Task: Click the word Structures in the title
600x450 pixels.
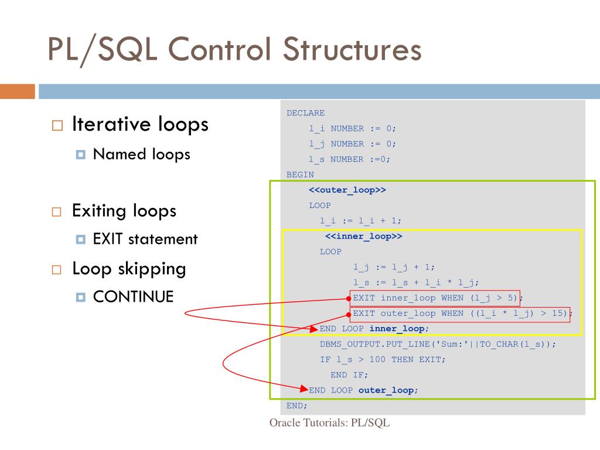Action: [x=352, y=49]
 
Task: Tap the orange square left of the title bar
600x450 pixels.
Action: [x=17, y=91]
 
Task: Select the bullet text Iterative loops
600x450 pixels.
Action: [x=140, y=124]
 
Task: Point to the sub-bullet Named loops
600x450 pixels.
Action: [x=141, y=154]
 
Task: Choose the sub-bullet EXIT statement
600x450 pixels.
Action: [x=145, y=239]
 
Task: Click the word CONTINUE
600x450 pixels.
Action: [x=133, y=296]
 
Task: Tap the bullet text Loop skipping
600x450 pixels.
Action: [x=129, y=269]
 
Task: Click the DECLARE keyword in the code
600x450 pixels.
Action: [x=305, y=113]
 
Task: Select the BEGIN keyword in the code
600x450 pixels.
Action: [x=300, y=175]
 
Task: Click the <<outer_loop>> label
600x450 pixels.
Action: [x=347, y=190]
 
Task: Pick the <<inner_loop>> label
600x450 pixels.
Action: [x=364, y=236]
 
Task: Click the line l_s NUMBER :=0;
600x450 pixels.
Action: [x=350, y=159]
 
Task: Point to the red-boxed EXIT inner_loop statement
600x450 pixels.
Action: [x=435, y=298]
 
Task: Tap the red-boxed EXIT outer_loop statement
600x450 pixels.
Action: [x=460, y=313]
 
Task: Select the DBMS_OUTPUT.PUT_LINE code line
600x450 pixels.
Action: [x=437, y=344]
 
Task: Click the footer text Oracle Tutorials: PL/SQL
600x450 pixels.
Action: [x=329, y=424]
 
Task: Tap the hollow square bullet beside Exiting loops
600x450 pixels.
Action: [x=56, y=212]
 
